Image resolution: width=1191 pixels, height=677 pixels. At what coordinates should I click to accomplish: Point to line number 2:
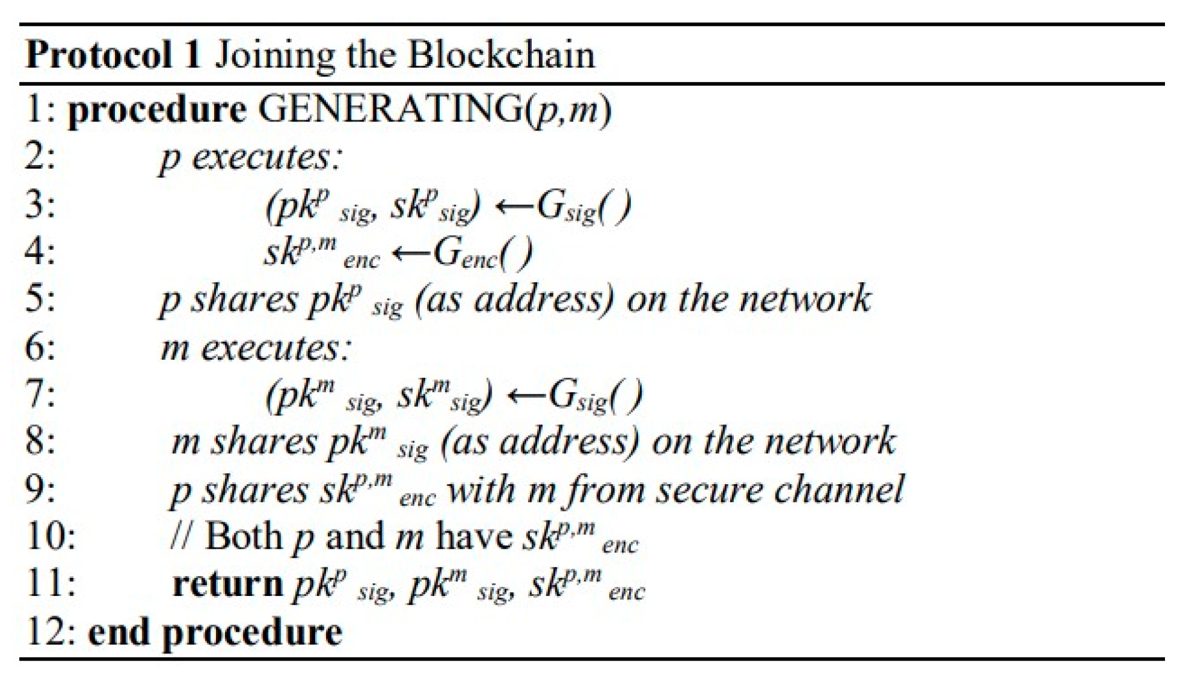tap(41, 157)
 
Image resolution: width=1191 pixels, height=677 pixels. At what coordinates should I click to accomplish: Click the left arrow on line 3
tap(514, 206)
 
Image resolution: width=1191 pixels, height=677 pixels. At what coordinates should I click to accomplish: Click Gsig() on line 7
tap(595, 397)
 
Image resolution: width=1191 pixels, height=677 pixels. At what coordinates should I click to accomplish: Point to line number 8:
tap(41, 441)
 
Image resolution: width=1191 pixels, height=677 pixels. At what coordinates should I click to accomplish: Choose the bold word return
tap(227, 585)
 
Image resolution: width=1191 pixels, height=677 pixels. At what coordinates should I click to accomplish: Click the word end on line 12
tap(119, 632)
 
